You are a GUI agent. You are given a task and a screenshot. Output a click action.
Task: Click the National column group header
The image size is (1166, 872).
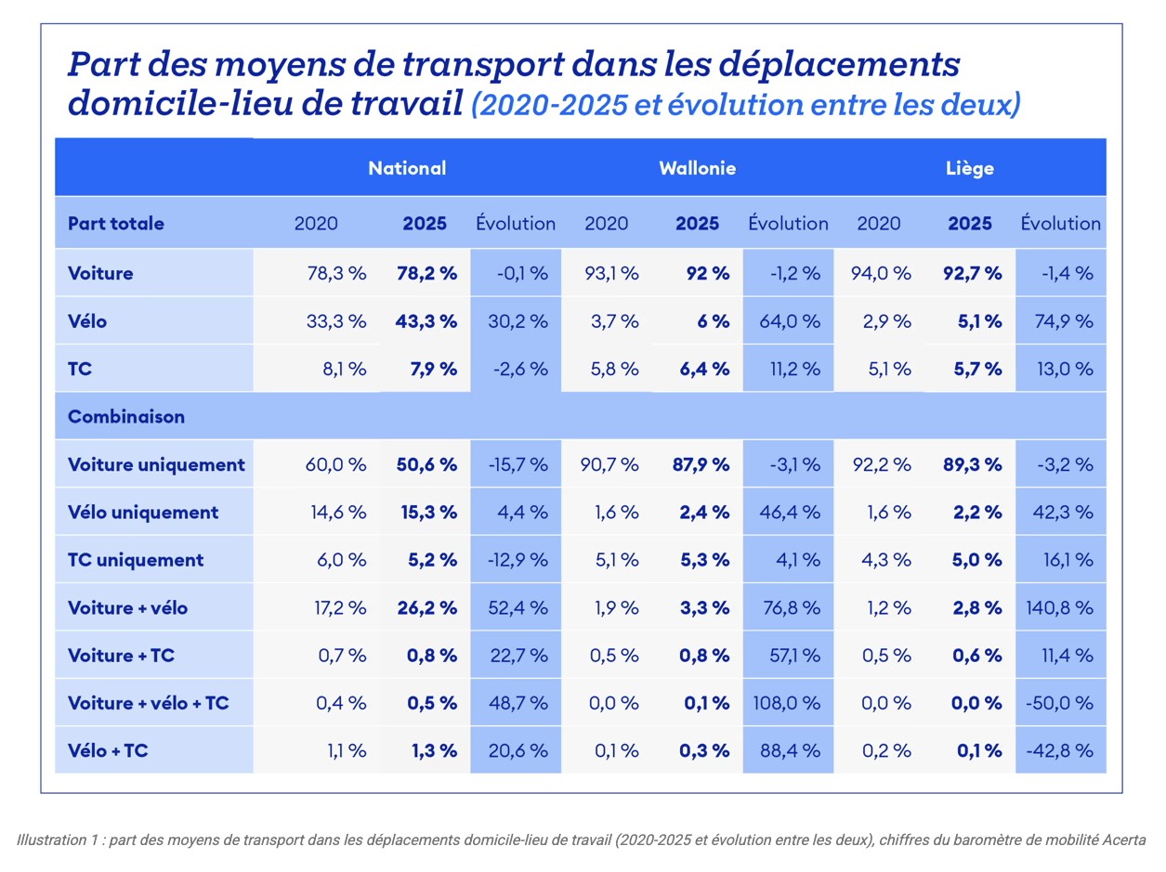tap(407, 168)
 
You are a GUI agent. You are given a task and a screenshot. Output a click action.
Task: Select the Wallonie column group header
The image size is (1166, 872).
tap(698, 168)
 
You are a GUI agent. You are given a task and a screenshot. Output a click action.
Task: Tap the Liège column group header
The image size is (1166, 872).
tap(970, 168)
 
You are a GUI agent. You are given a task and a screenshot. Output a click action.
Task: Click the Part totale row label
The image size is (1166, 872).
tap(116, 224)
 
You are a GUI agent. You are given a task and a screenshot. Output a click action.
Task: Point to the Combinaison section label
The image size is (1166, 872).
tap(126, 417)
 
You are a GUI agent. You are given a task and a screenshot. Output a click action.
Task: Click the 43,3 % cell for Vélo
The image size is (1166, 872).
tap(427, 321)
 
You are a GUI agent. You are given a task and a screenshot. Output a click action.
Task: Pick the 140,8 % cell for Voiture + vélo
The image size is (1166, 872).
tap(1058, 608)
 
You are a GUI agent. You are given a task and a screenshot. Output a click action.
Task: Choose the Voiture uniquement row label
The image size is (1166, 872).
tap(157, 464)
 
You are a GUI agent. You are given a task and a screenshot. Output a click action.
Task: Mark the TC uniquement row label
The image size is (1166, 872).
tap(136, 560)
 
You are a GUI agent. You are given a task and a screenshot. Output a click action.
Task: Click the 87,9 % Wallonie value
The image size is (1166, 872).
tap(701, 464)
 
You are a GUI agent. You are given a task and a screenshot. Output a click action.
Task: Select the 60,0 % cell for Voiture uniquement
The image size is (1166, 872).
tap(335, 464)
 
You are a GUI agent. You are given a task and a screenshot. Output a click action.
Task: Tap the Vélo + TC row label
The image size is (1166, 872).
tap(108, 751)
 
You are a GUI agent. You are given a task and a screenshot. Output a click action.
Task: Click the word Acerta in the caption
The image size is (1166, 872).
tap(1125, 839)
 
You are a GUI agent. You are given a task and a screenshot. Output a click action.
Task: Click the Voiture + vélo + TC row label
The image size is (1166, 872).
tap(149, 704)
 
